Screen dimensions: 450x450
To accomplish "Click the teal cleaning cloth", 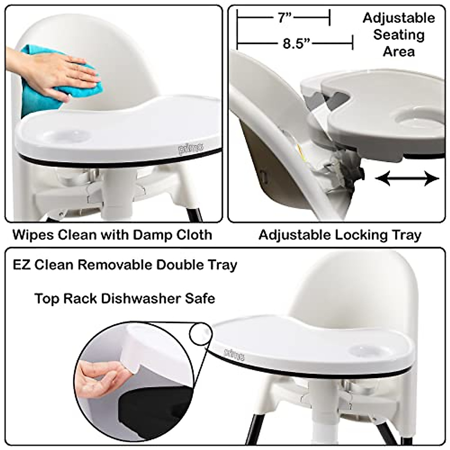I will (41, 81).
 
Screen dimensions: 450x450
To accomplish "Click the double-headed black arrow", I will (407, 178).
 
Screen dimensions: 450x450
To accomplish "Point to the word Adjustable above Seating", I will (399, 18).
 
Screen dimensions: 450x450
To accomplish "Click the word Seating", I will (399, 35).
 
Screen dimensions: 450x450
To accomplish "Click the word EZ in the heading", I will (21, 265).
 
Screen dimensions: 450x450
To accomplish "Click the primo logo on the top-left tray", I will (191, 149).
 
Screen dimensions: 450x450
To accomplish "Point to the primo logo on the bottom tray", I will (234, 353).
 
